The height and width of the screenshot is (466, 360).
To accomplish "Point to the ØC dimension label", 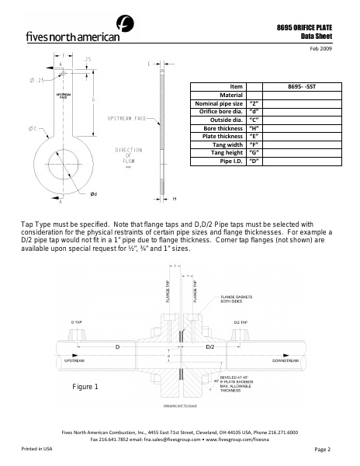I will (x=34, y=127).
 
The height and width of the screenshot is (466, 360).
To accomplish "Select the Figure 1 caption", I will (x=85, y=387).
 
